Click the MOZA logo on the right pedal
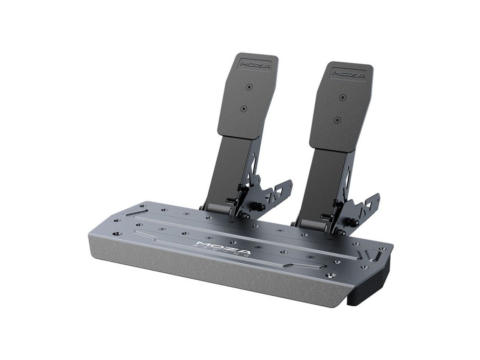(x=348, y=74)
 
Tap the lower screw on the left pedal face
(x=244, y=108)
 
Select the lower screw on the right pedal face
(x=337, y=120)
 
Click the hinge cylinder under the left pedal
(x=218, y=209)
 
